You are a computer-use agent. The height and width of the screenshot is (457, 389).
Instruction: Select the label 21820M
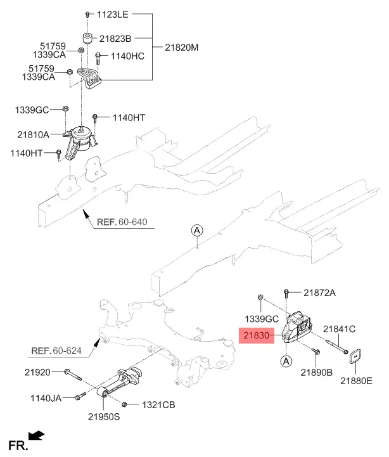click(182, 48)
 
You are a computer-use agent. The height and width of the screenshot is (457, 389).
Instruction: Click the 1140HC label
click(127, 56)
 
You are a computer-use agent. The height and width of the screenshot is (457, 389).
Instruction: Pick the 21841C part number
click(340, 329)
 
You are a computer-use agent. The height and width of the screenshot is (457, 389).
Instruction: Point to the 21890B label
click(316, 372)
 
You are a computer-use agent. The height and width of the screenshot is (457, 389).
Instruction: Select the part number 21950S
click(104, 418)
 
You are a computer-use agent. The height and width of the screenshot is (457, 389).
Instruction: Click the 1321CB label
click(158, 404)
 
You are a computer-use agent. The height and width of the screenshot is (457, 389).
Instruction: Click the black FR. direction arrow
click(37, 435)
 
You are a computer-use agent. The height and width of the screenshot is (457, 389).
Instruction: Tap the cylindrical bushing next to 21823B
click(87, 37)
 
